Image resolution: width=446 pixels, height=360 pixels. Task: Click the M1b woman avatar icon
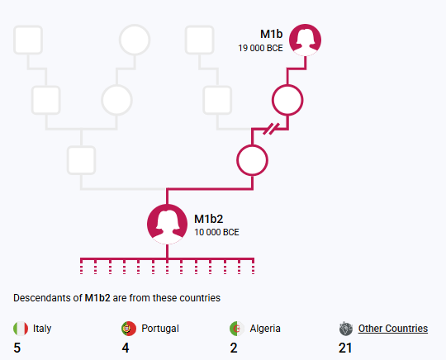click(306, 40)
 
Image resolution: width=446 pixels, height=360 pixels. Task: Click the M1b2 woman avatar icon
click(167, 224)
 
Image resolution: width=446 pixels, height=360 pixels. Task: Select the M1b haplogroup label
click(272, 34)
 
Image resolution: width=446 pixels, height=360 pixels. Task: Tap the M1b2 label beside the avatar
click(208, 219)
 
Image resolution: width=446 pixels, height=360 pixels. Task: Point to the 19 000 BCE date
click(260, 48)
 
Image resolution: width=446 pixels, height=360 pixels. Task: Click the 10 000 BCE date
click(216, 232)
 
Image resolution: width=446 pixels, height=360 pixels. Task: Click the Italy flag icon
click(21, 329)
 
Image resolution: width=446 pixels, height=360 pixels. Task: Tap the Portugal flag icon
click(129, 329)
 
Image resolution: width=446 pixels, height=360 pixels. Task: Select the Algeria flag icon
click(237, 329)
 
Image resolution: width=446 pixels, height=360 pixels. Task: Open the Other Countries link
click(393, 329)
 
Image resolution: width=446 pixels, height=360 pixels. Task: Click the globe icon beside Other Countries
click(346, 329)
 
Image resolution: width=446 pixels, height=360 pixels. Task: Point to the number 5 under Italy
click(17, 348)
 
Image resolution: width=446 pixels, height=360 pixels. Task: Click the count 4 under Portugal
click(126, 348)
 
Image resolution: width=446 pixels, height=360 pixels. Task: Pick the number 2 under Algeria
click(234, 348)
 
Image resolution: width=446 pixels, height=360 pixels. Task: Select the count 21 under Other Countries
click(345, 348)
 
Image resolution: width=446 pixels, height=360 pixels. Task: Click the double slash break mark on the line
click(271, 129)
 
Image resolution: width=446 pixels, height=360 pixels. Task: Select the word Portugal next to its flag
click(160, 329)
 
